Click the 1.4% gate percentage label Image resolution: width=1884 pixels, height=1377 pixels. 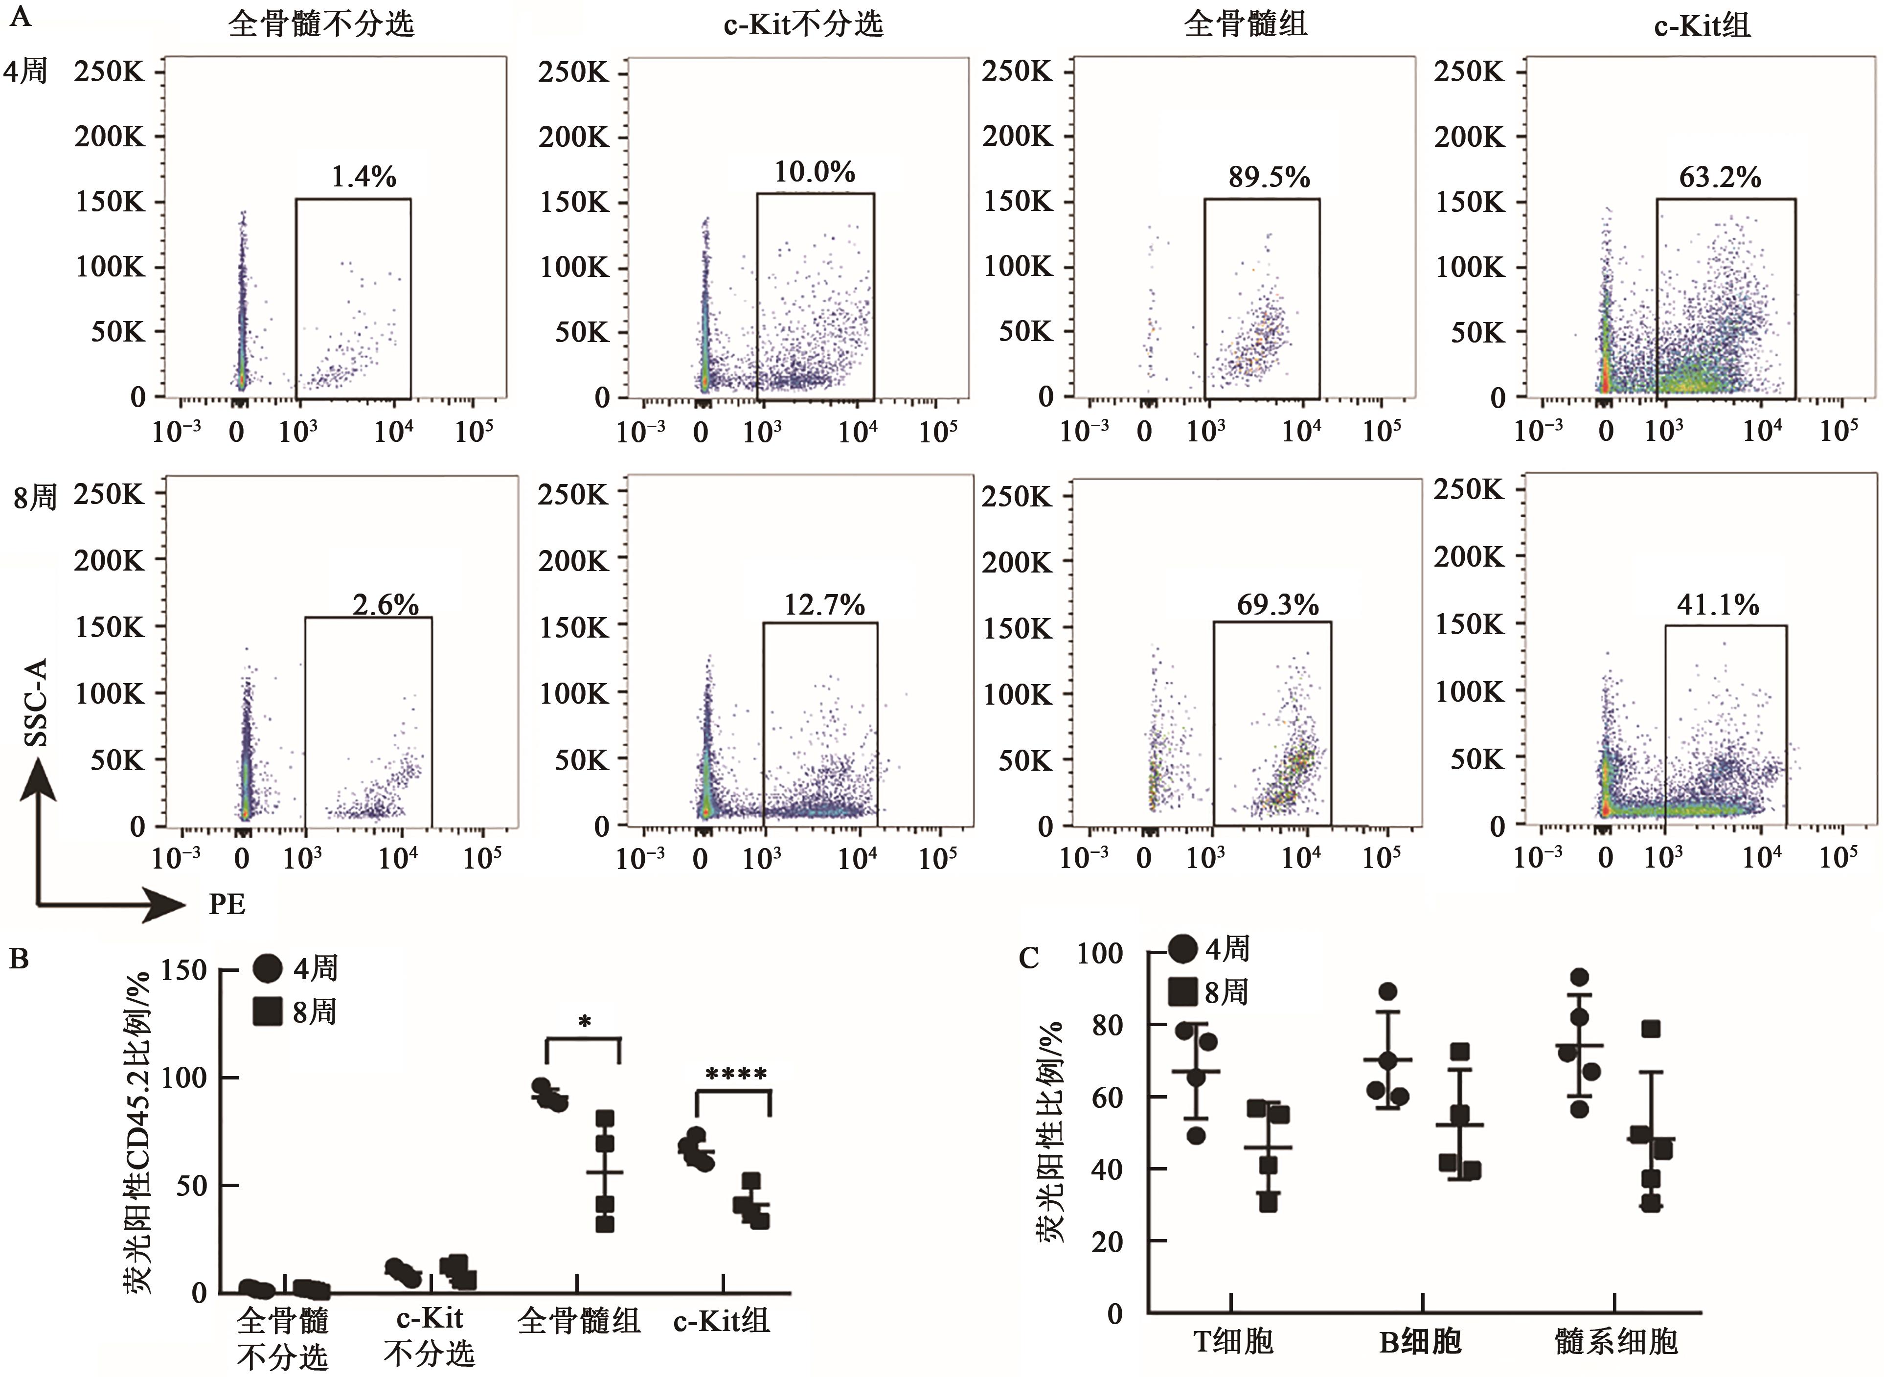pyautogui.click(x=363, y=177)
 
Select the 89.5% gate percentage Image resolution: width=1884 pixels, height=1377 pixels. pyautogui.click(x=1268, y=177)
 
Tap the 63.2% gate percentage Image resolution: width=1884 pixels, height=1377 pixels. pyautogui.click(x=1720, y=177)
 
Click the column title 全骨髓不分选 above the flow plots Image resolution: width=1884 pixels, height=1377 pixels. pyautogui.click(x=321, y=23)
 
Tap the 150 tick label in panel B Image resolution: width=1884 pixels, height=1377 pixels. pyautogui.click(x=184, y=969)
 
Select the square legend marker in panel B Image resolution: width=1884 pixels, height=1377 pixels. pyautogui.click(x=268, y=1012)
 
